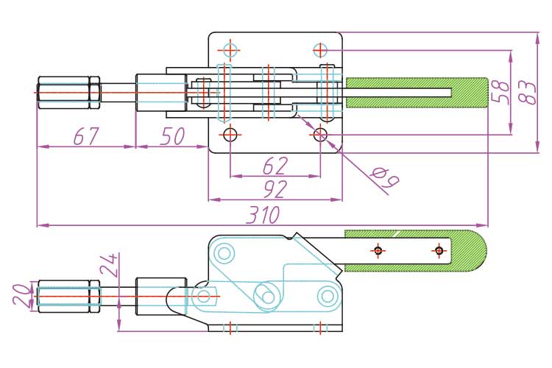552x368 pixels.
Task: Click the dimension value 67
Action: click(x=85, y=135)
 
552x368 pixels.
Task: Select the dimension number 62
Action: click(x=275, y=166)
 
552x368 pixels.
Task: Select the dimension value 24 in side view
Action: click(x=110, y=266)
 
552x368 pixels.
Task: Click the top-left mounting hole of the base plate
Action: click(x=230, y=50)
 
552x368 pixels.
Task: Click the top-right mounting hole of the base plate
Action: click(x=319, y=50)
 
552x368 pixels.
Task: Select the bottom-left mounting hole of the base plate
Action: click(x=230, y=134)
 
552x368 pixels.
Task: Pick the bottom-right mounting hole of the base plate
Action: click(x=319, y=134)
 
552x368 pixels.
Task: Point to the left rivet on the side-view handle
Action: click(x=378, y=251)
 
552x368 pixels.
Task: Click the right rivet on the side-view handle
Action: click(x=439, y=251)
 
